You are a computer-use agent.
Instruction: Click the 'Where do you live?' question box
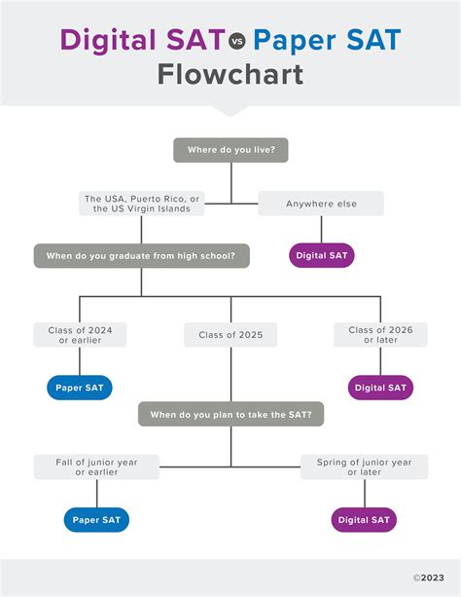point(230,150)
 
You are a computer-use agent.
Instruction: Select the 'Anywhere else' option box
point(321,204)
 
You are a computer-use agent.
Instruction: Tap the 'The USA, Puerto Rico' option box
point(141,204)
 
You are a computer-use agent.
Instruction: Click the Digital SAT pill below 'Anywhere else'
point(322,255)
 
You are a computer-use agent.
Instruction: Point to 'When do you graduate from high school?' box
point(141,256)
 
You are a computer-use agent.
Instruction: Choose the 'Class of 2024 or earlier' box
point(80,335)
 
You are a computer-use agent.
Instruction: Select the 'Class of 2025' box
point(230,335)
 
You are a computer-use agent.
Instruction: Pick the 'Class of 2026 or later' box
point(380,335)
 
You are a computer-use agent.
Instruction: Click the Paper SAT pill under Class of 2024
point(80,388)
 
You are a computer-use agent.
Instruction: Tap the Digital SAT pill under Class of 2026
point(380,388)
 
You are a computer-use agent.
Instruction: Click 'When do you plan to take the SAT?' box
point(230,414)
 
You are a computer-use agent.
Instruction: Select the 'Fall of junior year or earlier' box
point(96,466)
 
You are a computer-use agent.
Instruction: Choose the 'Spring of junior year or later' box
point(365,466)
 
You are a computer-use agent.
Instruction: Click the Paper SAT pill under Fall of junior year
point(96,520)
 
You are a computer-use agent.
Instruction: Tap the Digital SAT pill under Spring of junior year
point(364,520)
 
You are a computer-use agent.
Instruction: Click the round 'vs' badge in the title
point(237,41)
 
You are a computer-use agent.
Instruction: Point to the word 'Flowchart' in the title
point(230,75)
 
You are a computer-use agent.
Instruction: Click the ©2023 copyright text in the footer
point(429,578)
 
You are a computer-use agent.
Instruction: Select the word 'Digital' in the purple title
point(108,40)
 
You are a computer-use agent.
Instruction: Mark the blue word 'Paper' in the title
point(295,41)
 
